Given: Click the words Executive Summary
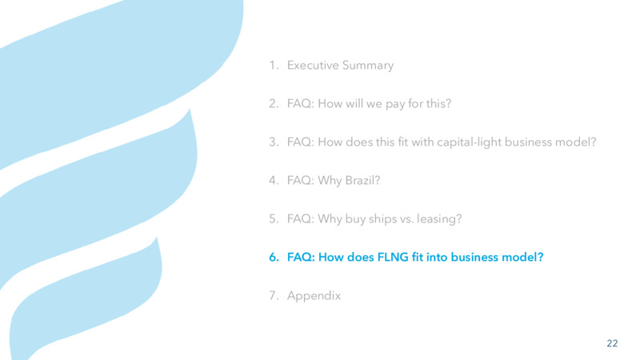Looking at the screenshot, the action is point(340,66).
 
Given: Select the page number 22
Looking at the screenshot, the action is point(612,343).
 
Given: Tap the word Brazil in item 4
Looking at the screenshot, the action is point(362,180).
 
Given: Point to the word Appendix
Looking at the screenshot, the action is point(314,295).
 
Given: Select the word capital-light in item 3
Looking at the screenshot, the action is point(469,142).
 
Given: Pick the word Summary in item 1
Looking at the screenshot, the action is point(368,66).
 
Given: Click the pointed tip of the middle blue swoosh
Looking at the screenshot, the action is point(190,109).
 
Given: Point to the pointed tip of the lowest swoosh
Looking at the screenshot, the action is point(157,237).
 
